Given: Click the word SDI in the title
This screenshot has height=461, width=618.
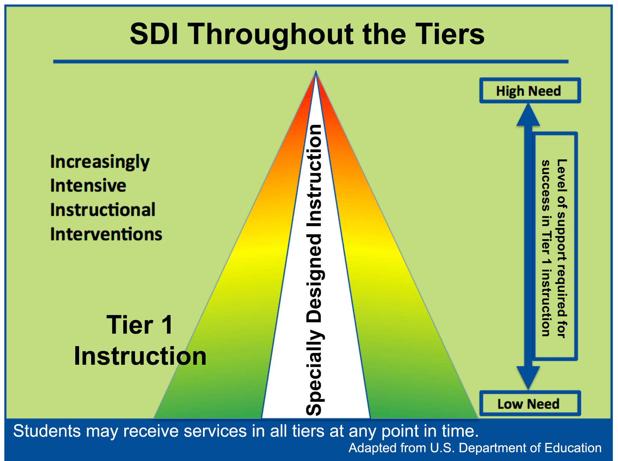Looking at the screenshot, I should pyautogui.click(x=154, y=34).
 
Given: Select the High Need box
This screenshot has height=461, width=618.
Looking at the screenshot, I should pyautogui.click(x=529, y=91).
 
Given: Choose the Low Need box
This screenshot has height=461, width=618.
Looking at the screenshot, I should pyautogui.click(x=529, y=403).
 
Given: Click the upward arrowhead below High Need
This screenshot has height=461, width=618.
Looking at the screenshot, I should pyautogui.click(x=528, y=116).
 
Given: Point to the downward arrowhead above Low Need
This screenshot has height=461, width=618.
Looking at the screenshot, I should pyautogui.click(x=528, y=377).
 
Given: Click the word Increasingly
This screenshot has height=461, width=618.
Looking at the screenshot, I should pyautogui.click(x=100, y=162).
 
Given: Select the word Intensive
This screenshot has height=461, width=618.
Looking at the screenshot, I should pyautogui.click(x=88, y=186).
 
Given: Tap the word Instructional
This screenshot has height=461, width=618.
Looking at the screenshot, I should pyautogui.click(x=103, y=210).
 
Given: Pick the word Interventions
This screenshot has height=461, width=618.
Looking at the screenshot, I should pyautogui.click(x=106, y=234).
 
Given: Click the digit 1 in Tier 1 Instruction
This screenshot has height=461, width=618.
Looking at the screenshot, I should pyautogui.click(x=167, y=325).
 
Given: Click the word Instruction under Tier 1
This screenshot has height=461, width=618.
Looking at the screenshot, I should pyautogui.click(x=140, y=356).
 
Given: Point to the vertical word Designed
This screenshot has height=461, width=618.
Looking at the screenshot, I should pyautogui.click(x=314, y=278).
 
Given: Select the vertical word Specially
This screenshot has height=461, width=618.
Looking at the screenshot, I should pyautogui.click(x=314, y=373).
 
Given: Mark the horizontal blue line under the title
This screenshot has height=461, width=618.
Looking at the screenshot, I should pyautogui.click(x=311, y=62).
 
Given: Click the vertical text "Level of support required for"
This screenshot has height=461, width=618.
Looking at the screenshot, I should pyautogui.click(x=562, y=248).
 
